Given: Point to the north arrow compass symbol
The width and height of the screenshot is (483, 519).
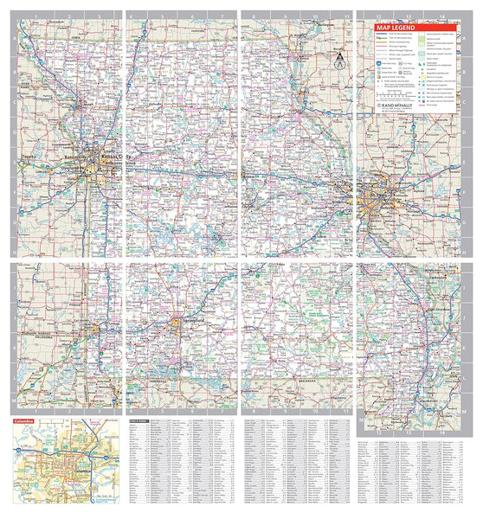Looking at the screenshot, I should coord(340,60).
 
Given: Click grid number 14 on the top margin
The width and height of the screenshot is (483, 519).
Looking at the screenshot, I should coord(442,16).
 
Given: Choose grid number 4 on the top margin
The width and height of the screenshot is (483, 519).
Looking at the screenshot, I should coord(130,16).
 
